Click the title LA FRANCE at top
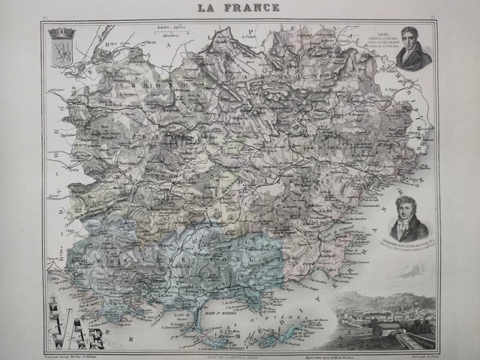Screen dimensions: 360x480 pyautogui.click(x=238, y=8)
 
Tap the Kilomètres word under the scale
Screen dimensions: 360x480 pyautogui.click(x=171, y=35)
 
